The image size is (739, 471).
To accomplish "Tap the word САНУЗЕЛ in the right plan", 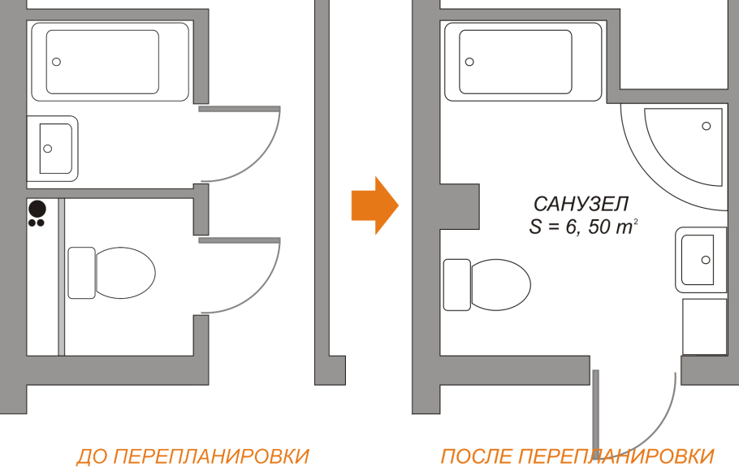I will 581,204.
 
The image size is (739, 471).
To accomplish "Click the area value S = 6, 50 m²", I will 581,227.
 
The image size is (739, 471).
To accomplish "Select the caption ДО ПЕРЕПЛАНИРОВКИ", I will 192,456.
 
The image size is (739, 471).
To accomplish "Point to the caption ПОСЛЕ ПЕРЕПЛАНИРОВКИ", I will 577,456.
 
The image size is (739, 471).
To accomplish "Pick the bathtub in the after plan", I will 522,62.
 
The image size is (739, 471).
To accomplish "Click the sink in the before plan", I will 53,148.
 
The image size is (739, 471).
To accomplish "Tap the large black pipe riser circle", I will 37,208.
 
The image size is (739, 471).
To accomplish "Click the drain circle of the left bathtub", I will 57,62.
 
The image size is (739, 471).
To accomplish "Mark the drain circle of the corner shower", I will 706,126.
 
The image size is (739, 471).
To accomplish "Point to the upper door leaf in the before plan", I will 240,108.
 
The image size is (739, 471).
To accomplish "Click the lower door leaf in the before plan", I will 240,240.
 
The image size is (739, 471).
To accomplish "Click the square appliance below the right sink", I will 703,326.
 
